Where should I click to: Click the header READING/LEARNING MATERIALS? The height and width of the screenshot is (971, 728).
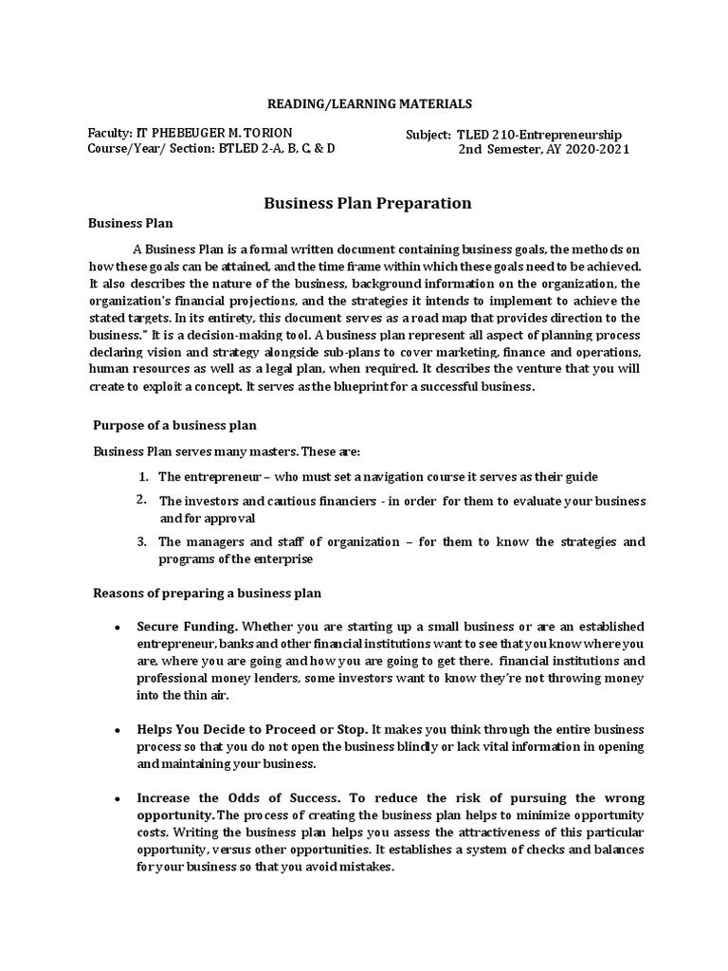pyautogui.click(x=366, y=103)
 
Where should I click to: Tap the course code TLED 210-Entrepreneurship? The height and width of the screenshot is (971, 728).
pyautogui.click(x=539, y=135)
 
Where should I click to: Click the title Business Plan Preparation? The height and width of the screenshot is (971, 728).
pyautogui.click(x=367, y=203)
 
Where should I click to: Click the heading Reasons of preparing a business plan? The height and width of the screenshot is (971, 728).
pyautogui.click(x=207, y=594)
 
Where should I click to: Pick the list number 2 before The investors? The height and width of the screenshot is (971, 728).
pyautogui.click(x=141, y=500)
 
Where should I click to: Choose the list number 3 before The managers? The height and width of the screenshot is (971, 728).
pyautogui.click(x=141, y=541)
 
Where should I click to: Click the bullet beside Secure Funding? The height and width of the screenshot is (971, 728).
pyautogui.click(x=117, y=628)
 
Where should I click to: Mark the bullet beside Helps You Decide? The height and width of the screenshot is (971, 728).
pyautogui.click(x=117, y=730)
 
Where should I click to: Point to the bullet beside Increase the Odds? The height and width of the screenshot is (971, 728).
pyautogui.click(x=117, y=798)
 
